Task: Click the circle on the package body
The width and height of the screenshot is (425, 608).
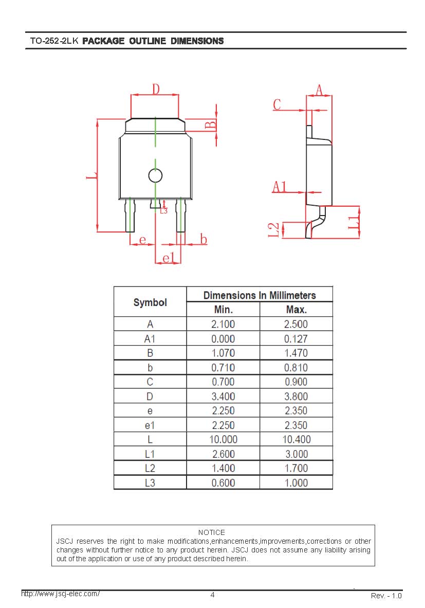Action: point(155,175)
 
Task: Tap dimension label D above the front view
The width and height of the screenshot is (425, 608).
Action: point(156,89)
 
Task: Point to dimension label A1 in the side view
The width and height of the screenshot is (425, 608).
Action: point(280,187)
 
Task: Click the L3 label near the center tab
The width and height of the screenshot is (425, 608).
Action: point(164,211)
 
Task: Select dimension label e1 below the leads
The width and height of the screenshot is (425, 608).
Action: point(169,258)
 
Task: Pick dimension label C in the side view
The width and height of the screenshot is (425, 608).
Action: point(277,104)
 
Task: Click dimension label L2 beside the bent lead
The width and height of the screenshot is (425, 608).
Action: point(273,230)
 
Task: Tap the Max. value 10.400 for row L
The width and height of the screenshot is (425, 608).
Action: point(297,439)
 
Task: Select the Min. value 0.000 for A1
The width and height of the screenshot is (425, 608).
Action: point(223,339)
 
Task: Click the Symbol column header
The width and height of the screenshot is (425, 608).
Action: point(151,302)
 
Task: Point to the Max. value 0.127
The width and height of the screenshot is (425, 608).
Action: point(296,339)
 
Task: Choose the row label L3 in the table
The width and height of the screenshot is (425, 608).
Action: point(150,483)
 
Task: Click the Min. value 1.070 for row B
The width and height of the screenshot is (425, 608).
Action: point(223,353)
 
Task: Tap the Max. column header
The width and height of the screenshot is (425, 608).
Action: point(297,310)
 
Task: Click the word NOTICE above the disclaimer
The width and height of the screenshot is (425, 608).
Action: point(212,532)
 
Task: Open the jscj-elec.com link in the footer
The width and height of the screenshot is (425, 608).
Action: point(61,593)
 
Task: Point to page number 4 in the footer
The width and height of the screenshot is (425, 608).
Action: point(212,595)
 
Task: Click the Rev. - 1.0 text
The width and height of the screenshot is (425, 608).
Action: point(386,596)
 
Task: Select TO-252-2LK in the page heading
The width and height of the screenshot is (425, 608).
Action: point(54,41)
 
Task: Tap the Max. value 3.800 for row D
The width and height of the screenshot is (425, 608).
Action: point(296,396)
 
